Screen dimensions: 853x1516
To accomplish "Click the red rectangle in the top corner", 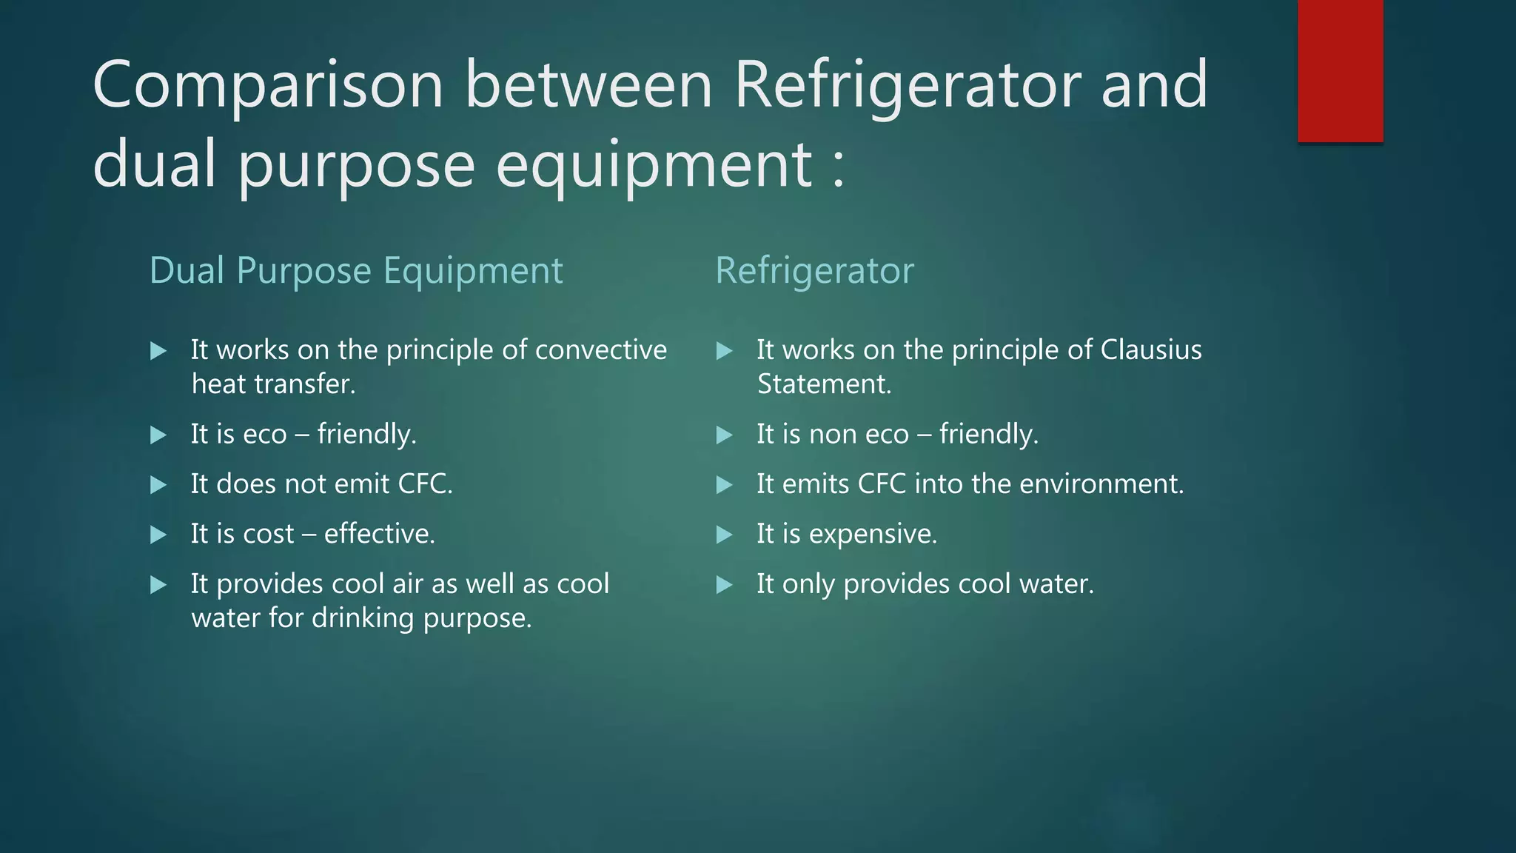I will pyautogui.click(x=1340, y=70).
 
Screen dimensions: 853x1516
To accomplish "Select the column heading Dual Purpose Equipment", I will pyautogui.click(x=356, y=270).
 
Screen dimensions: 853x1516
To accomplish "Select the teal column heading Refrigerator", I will pyautogui.click(x=814, y=270).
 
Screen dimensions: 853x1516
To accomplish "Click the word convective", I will pyautogui.click(x=600, y=349).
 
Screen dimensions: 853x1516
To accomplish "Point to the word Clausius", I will pyautogui.click(x=1150, y=349).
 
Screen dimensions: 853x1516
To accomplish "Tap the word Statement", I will pyautogui.click(x=824, y=384).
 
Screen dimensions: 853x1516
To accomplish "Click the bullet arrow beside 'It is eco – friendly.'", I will pyautogui.click(x=158, y=435).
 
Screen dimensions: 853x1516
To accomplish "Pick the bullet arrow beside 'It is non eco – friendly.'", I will pyautogui.click(x=724, y=435).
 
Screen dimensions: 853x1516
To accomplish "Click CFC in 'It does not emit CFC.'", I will pyautogui.click(x=425, y=484).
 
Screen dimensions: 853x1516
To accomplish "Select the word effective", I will pyautogui.click(x=379, y=534).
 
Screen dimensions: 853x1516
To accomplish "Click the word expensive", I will pyautogui.click(x=873, y=534).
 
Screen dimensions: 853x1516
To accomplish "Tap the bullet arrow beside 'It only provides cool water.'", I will pyautogui.click(x=724, y=585).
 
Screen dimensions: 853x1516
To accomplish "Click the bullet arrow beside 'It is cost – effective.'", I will pyautogui.click(x=158, y=535).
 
